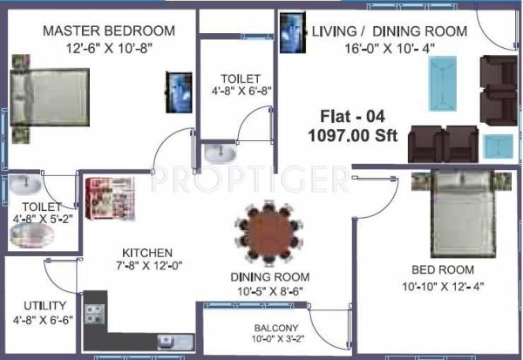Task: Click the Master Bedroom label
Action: (109, 31)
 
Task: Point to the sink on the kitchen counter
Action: (165, 341)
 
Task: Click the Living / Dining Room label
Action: (390, 31)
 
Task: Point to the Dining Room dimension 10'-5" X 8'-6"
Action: (268, 291)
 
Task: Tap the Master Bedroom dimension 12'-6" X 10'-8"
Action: (109, 50)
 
